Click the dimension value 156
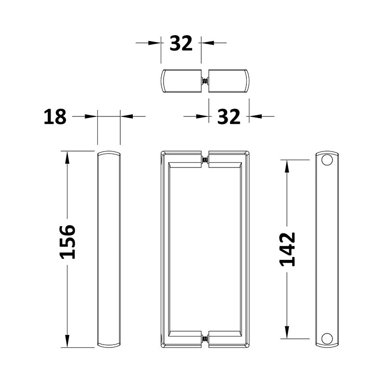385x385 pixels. [67, 242]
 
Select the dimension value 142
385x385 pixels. [287, 249]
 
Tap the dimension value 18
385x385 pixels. [55, 116]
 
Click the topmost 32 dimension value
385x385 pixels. [181, 43]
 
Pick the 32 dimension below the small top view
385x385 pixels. [229, 116]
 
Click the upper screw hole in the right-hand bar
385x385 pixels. [327, 160]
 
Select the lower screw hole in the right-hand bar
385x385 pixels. [327, 339]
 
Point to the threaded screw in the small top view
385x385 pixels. [205, 81]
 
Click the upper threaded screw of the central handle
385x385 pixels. [205, 160]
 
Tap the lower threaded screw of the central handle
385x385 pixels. [205, 339]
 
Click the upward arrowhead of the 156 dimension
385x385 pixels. [67, 157]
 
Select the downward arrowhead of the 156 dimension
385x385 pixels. [67, 341]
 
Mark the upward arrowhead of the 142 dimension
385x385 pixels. [287, 166]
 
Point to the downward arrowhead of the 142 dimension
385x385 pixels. [287, 333]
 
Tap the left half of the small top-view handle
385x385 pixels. [181, 81]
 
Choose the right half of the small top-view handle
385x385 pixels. [229, 81]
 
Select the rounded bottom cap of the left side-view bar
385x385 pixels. [109, 346]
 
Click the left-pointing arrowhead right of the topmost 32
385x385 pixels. [207, 43]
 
